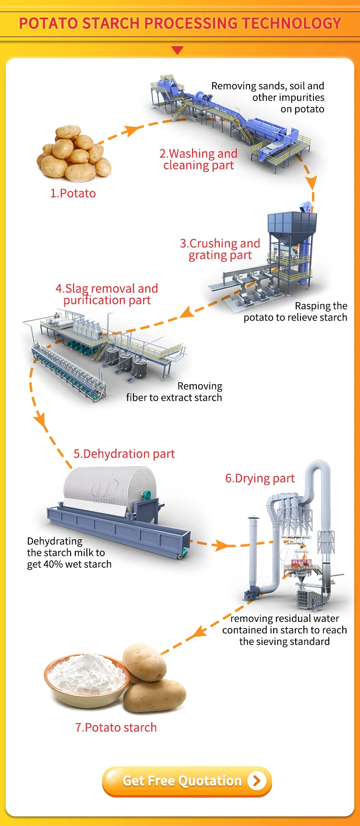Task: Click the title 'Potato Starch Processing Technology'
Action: coord(180,23)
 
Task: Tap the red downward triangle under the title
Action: coord(178,50)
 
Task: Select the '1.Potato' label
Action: coord(73,194)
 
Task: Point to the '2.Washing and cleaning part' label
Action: coord(198,159)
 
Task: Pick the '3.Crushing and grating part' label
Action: coord(220,249)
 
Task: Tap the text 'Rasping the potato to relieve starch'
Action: coord(295,312)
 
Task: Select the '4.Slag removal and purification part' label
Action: coord(107,294)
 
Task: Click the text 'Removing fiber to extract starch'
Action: coord(174,392)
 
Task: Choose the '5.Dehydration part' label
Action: coord(124,454)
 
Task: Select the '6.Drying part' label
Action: coord(260,478)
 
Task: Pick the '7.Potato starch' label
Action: coord(116,728)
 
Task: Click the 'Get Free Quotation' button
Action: coord(187,781)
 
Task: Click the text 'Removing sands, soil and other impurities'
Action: coord(268,92)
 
